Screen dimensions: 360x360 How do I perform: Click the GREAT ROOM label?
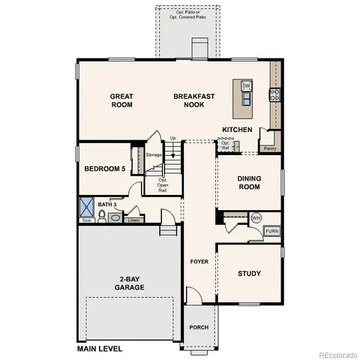[121, 100]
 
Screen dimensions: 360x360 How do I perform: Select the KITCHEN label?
[237, 130]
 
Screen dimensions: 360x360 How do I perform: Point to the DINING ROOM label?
[249, 182]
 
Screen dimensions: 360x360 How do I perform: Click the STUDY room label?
[249, 274]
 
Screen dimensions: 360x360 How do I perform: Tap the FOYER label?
[199, 262]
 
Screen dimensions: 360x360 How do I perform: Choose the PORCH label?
[199, 327]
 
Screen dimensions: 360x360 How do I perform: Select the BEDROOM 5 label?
[104, 169]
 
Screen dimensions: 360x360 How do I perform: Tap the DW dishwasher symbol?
[246, 86]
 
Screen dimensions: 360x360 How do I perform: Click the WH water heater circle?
[256, 217]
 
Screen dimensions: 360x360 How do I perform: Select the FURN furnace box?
[271, 231]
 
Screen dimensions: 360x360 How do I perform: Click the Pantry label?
[269, 148]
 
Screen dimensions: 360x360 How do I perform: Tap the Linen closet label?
[133, 220]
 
